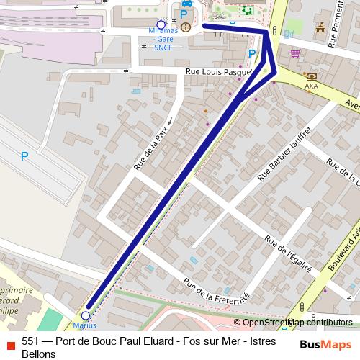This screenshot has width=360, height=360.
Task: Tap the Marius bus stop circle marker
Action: point(86,315)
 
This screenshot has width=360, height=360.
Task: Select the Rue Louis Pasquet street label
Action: point(217,72)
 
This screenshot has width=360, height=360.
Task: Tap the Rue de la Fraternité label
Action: point(215,292)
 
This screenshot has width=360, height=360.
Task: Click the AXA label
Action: point(311,86)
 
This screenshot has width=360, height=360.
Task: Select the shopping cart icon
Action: point(295,53)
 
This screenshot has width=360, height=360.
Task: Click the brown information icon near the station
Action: point(186,27)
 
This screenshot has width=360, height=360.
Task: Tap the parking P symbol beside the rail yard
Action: point(24,156)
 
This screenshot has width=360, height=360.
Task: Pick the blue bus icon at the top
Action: point(186,3)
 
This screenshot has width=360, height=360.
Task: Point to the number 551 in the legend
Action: point(31,342)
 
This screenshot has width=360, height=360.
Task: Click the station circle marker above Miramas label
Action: point(161,24)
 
